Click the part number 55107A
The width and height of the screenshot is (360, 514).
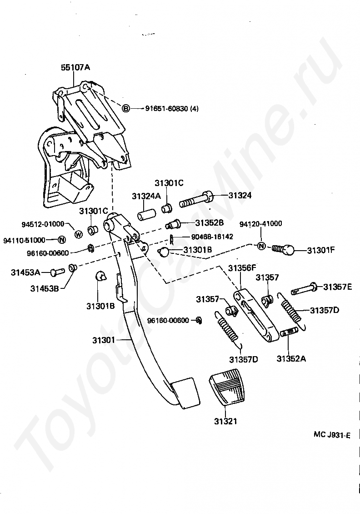coord(75,67)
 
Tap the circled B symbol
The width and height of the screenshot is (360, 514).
coord(126,108)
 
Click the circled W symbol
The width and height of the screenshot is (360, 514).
coord(78,234)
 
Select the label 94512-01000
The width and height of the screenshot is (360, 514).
coord(43,224)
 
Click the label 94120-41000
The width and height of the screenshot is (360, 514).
coord(260,223)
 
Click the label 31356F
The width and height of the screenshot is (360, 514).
coord(242,268)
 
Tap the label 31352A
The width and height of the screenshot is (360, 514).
coord(291,358)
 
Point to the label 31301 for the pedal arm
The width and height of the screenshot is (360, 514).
coord(105,340)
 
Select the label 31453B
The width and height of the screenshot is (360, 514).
coord(45,287)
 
